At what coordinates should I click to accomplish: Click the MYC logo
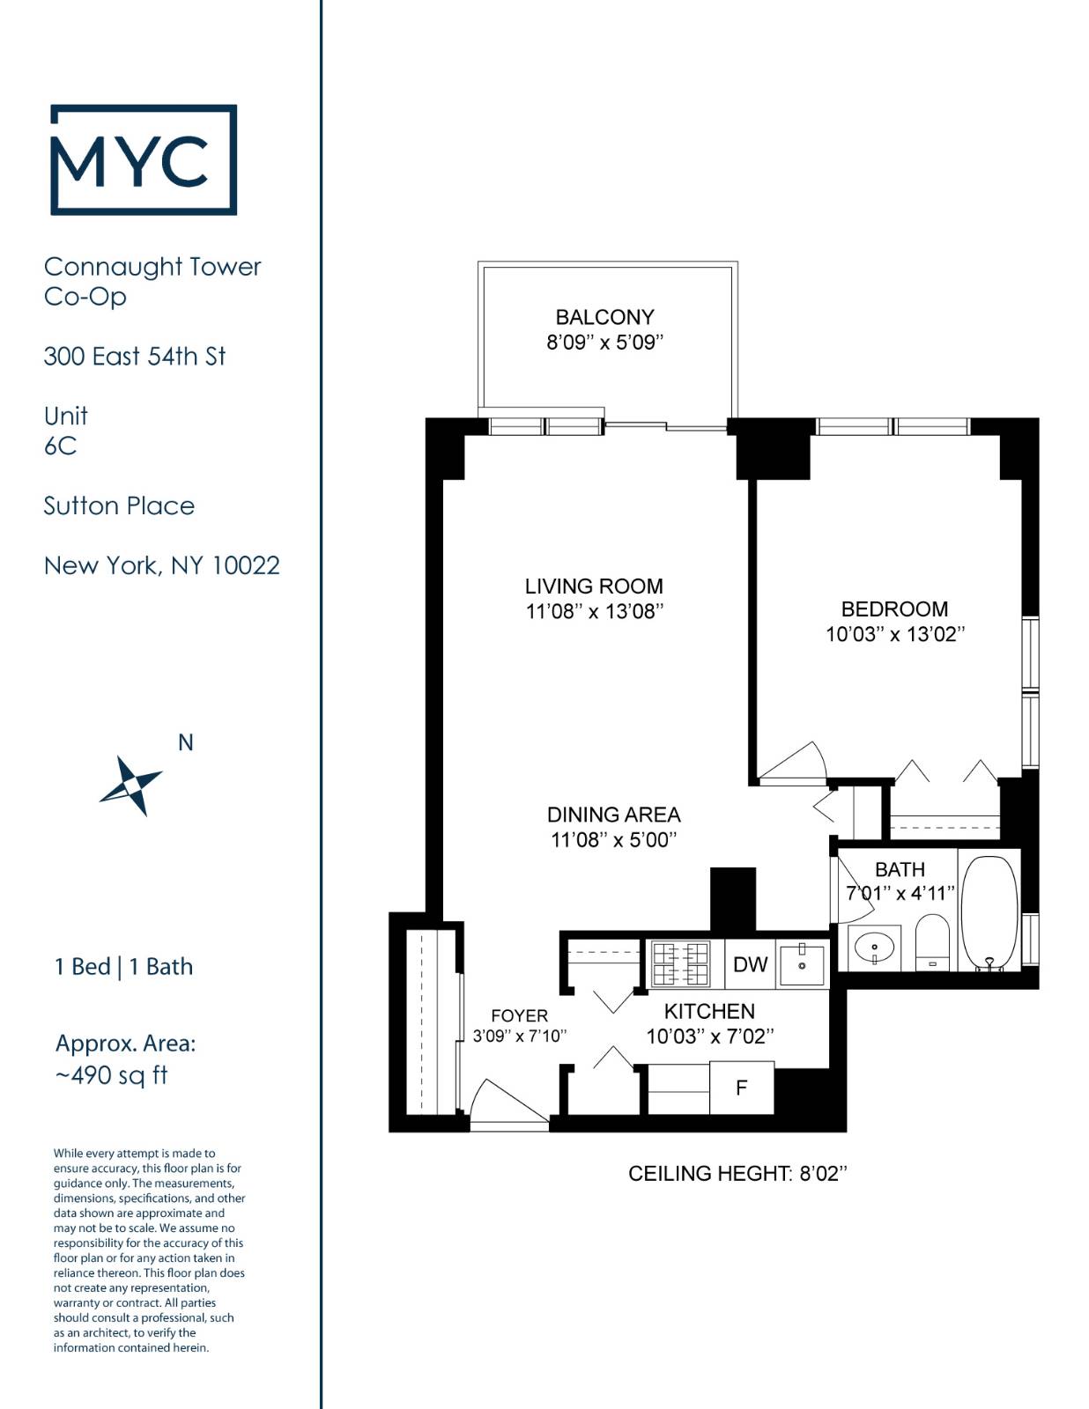click(x=144, y=159)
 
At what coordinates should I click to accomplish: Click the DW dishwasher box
click(x=750, y=964)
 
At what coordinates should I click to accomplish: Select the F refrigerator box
click(x=741, y=1088)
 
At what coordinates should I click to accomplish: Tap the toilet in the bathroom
click(x=932, y=942)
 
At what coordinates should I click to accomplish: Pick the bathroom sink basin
click(x=873, y=948)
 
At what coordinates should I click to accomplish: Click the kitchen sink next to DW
click(x=802, y=963)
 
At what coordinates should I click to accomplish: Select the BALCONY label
click(x=604, y=317)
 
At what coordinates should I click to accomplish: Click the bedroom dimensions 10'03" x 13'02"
click(x=894, y=634)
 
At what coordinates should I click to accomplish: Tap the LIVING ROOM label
click(x=594, y=586)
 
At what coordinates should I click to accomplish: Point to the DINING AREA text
click(x=613, y=815)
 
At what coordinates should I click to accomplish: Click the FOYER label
click(x=519, y=1015)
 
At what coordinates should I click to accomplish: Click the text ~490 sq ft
click(x=112, y=1075)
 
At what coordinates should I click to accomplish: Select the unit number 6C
click(x=60, y=446)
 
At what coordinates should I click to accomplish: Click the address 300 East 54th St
click(x=135, y=356)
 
